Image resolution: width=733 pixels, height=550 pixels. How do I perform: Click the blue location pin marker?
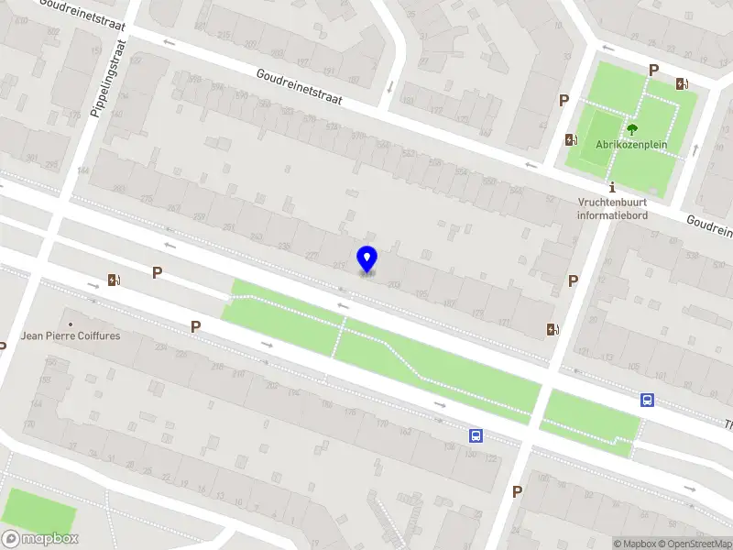pyautogui.click(x=366, y=258)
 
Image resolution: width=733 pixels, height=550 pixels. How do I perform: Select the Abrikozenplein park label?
pyautogui.click(x=631, y=145)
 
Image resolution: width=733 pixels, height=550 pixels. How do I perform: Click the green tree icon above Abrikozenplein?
pyautogui.click(x=631, y=129)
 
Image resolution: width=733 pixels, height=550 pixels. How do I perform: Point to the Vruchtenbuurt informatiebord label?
pyautogui.click(x=612, y=209)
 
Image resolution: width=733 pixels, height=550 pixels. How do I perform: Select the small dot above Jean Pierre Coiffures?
pyautogui.click(x=71, y=324)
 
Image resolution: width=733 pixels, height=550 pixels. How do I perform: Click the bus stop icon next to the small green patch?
pyautogui.click(x=647, y=400)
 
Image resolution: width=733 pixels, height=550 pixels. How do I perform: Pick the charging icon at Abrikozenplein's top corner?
pyautogui.click(x=682, y=84)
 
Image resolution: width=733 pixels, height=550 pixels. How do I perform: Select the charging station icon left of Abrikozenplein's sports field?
pyautogui.click(x=572, y=139)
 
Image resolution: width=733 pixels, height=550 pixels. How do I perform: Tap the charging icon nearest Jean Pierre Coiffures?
pyautogui.click(x=114, y=280)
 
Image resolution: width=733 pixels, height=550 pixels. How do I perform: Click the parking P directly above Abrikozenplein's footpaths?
pyautogui.click(x=653, y=70)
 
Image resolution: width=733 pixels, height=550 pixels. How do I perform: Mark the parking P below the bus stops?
pyautogui.click(x=518, y=491)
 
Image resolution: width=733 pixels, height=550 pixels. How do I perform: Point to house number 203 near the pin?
pyautogui.click(x=394, y=285)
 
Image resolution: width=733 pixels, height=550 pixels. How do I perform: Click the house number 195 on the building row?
pyautogui.click(x=421, y=294)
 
